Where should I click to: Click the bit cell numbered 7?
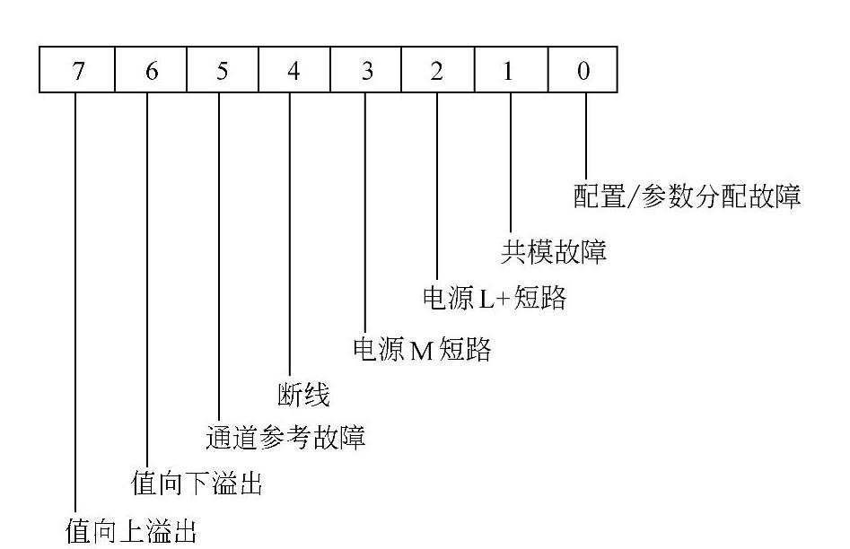click(x=77, y=70)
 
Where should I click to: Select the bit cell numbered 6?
click(x=151, y=70)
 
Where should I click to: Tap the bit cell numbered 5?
click(x=222, y=70)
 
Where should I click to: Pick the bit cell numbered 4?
click(x=294, y=70)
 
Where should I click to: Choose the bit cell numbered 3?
click(x=365, y=70)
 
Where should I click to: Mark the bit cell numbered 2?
click(x=437, y=70)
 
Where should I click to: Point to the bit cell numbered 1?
click(x=509, y=70)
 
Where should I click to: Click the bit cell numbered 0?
click(x=583, y=70)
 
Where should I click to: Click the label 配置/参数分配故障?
click(x=687, y=196)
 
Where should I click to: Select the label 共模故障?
click(x=553, y=252)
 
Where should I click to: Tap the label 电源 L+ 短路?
click(x=495, y=298)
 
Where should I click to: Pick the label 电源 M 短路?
click(x=422, y=349)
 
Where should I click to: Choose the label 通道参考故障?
click(x=285, y=439)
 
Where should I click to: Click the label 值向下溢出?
click(x=197, y=485)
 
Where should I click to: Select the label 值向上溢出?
click(x=132, y=531)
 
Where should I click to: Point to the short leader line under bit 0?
click(x=586, y=135)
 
